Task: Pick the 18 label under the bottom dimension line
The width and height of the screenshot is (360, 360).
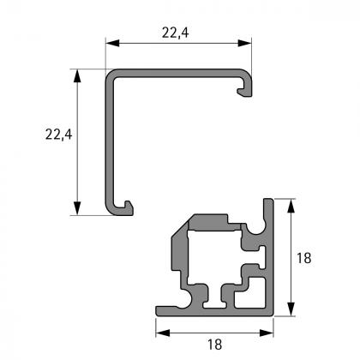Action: click(214, 344)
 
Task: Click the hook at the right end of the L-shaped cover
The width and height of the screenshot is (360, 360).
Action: click(245, 87)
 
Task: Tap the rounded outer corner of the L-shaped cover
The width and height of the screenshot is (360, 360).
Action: click(111, 74)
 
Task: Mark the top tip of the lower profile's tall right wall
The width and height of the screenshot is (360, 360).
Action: click(270, 204)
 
